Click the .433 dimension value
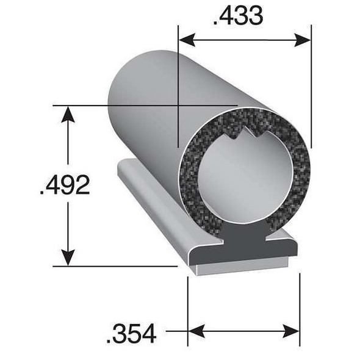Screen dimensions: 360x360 239,15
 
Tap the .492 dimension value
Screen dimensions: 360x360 65,185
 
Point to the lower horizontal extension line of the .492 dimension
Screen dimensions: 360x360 116,266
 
